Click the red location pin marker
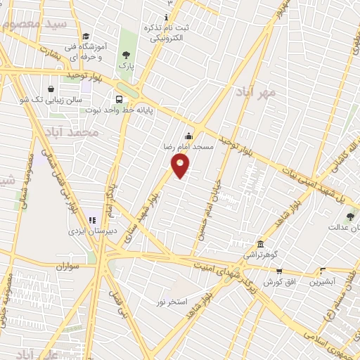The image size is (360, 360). click(x=181, y=167)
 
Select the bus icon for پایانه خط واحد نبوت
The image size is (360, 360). click(x=119, y=99)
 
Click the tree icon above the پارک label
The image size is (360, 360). click(x=126, y=54)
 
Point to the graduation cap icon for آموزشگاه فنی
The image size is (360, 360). click(x=86, y=37)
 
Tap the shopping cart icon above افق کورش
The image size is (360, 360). click(x=278, y=271)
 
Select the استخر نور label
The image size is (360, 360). click(x=172, y=301)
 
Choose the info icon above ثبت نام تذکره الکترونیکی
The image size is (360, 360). click(x=167, y=17)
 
